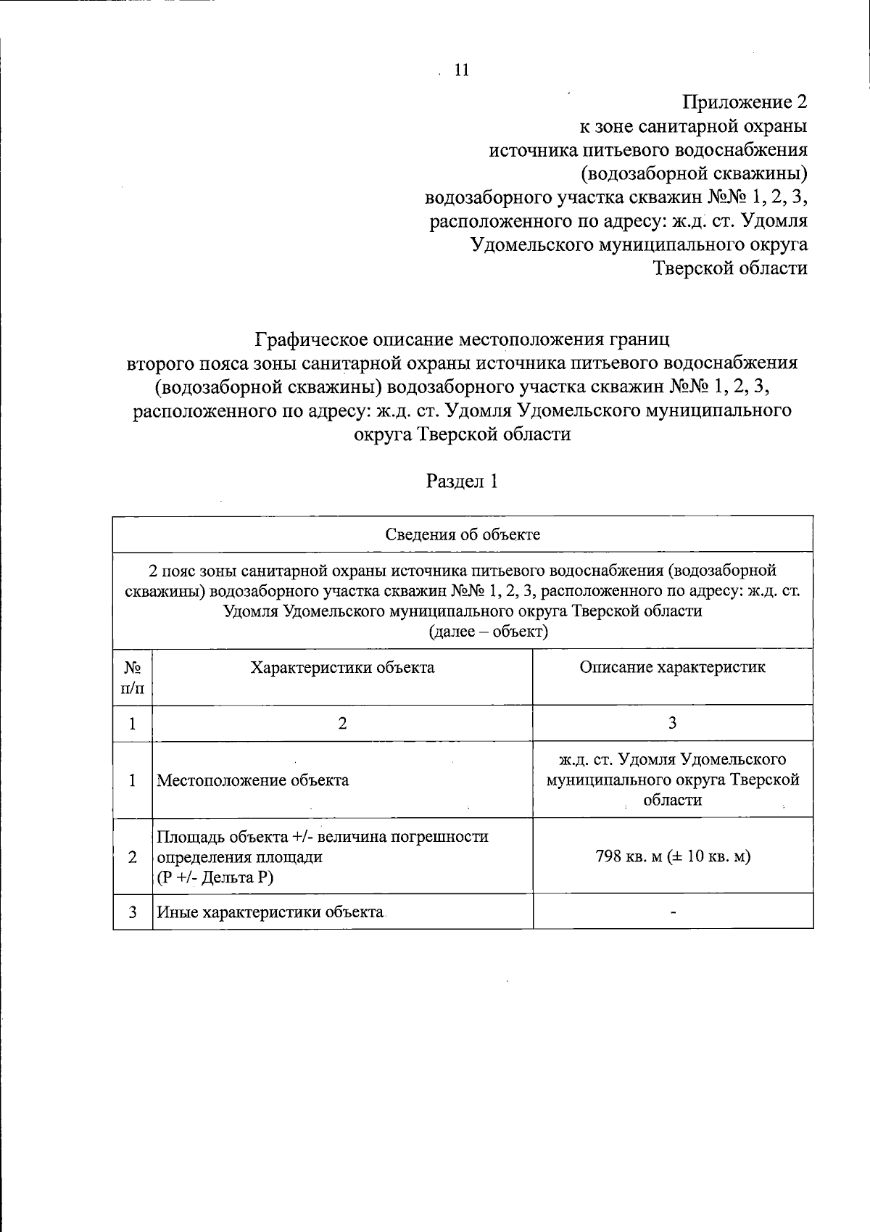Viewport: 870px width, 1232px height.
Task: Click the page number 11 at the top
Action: [x=461, y=70]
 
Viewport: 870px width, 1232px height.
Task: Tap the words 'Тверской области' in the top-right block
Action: [x=730, y=268]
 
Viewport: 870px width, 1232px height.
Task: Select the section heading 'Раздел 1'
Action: [x=462, y=481]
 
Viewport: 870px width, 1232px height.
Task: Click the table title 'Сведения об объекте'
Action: [x=463, y=535]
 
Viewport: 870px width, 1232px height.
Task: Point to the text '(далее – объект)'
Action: [x=489, y=631]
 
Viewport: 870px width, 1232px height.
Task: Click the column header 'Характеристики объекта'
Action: [x=342, y=668]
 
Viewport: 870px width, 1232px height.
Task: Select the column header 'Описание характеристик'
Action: [x=672, y=667]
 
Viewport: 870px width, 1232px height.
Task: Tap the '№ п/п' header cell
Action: [x=133, y=677]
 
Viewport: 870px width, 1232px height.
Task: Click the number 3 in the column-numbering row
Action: [x=672, y=723]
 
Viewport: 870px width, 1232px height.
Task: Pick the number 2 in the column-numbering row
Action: [x=342, y=723]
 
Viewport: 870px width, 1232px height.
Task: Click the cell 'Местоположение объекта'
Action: [x=253, y=780]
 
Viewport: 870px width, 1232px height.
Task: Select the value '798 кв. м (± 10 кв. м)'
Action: [x=672, y=856]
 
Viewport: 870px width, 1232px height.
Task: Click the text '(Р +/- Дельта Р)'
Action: [x=215, y=877]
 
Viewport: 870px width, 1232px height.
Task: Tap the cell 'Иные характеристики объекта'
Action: [x=270, y=912]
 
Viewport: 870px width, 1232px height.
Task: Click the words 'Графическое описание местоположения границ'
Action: [x=462, y=339]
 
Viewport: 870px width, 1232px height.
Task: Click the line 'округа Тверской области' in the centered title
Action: [x=462, y=434]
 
